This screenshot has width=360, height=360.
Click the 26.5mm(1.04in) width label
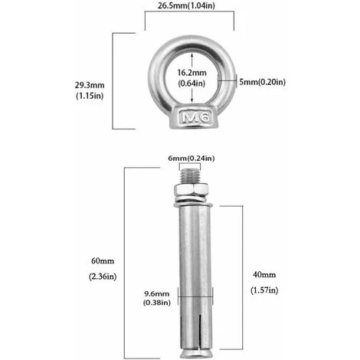pyautogui.click(x=186, y=5)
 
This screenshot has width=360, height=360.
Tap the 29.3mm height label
pyautogui.click(x=90, y=85)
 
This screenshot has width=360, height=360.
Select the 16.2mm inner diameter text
pyautogui.click(x=191, y=73)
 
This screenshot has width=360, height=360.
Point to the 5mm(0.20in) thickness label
pyautogui.click(x=262, y=82)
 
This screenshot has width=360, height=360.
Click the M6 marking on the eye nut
pyautogui.click(x=195, y=117)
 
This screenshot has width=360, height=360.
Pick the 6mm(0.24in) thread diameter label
pyautogui.click(x=191, y=159)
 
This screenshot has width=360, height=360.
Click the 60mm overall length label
pyautogui.click(x=103, y=261)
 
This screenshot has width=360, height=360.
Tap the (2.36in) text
pyautogui.click(x=103, y=277)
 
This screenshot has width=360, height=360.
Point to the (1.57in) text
pyautogui.click(x=264, y=290)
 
